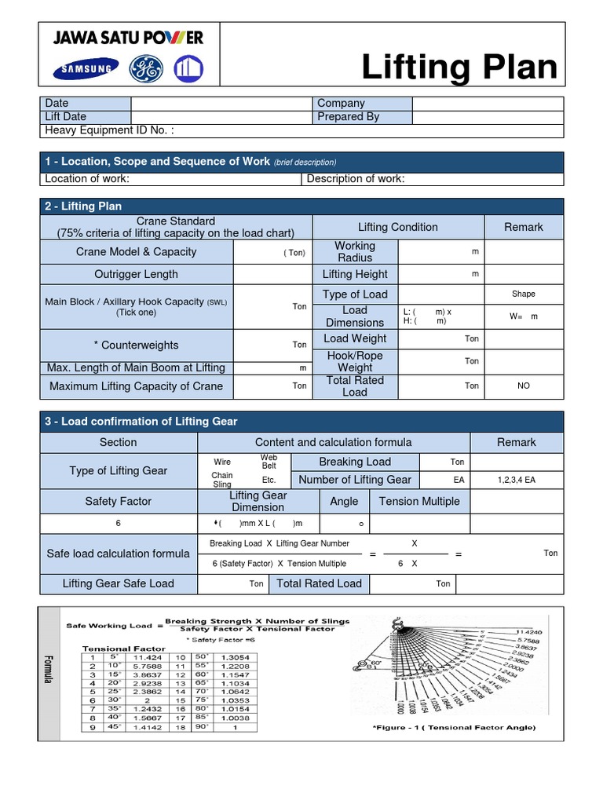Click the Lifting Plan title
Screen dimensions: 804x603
coord(459,68)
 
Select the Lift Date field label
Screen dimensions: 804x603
coord(66,117)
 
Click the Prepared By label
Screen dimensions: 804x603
coord(348,117)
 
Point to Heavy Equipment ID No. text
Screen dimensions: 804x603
coord(110,130)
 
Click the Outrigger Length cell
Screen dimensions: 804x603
coord(137,274)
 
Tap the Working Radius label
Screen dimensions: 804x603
coord(355,252)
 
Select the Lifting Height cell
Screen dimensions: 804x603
coord(355,274)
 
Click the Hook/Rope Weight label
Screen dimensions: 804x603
coord(355,361)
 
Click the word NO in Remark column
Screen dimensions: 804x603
coord(524,386)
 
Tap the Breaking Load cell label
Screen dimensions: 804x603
coord(355,462)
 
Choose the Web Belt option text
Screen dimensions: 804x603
coord(269,462)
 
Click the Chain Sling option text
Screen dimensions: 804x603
coord(222,480)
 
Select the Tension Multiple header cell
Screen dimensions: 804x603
coord(419,502)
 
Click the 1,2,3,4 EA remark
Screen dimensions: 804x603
coord(517,480)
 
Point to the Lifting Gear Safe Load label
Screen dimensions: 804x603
coord(119,583)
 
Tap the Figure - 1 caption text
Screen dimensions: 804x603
coord(455,728)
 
